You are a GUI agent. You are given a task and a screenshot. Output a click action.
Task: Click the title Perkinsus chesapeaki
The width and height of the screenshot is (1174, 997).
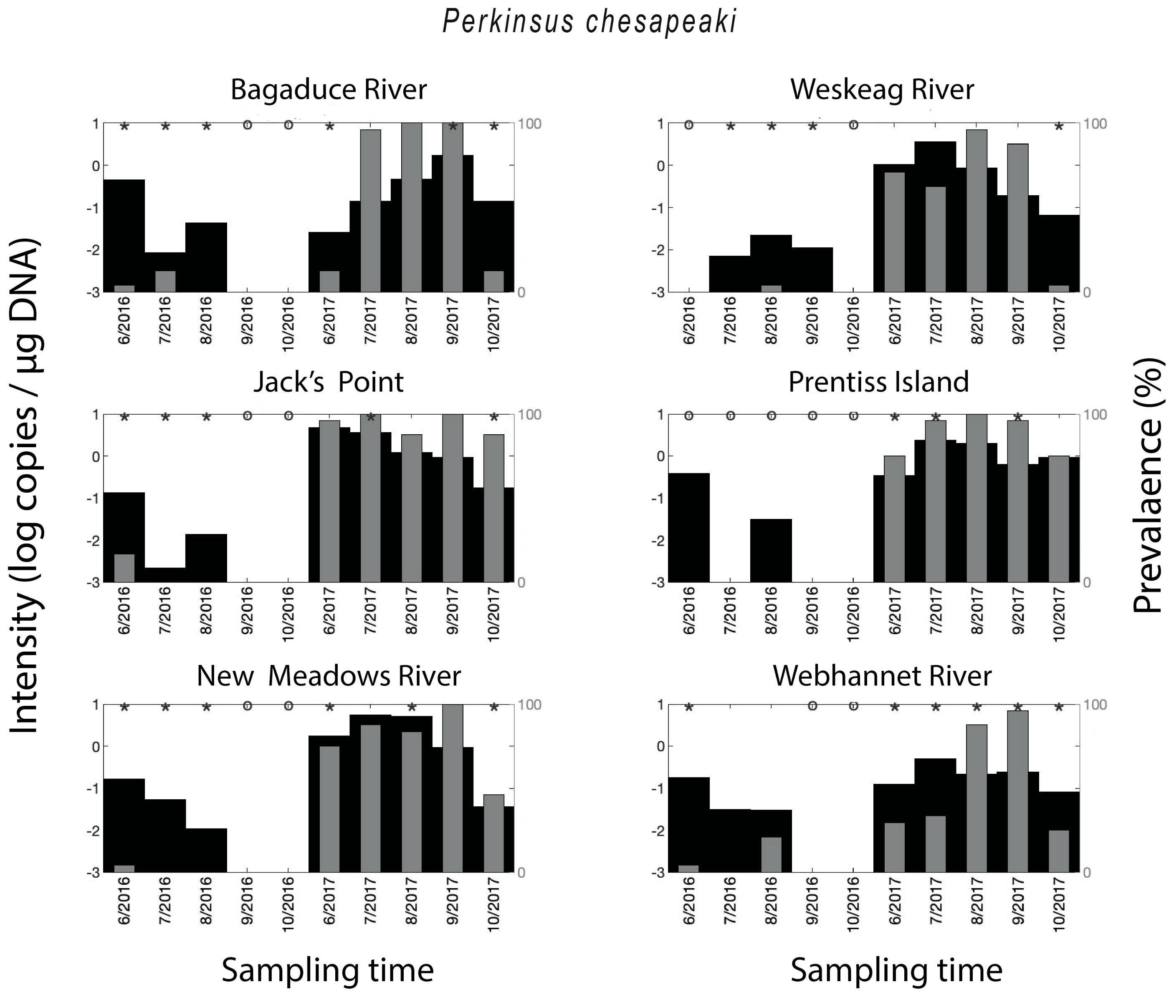point(589,21)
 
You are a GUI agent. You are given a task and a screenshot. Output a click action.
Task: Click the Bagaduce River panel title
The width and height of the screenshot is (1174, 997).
point(329,89)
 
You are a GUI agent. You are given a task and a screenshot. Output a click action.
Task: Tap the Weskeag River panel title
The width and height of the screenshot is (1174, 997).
point(882,89)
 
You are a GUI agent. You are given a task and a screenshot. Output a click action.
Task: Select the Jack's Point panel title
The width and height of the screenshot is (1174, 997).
point(328,382)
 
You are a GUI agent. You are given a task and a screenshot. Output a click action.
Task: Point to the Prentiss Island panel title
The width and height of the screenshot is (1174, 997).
point(878,382)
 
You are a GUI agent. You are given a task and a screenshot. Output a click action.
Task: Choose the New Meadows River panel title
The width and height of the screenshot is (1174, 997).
point(329,676)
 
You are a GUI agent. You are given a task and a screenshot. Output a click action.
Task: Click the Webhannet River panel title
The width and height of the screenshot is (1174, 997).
point(882,676)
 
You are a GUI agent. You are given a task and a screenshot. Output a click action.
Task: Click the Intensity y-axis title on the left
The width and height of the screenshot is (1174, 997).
point(25,486)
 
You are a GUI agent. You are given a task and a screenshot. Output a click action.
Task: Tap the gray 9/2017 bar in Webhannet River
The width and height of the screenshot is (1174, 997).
point(1017,791)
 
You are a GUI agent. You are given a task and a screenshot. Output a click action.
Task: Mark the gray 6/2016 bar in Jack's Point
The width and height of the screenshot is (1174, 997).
point(124,568)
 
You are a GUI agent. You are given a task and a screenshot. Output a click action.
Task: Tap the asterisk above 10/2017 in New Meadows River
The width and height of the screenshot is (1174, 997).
point(494,707)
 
